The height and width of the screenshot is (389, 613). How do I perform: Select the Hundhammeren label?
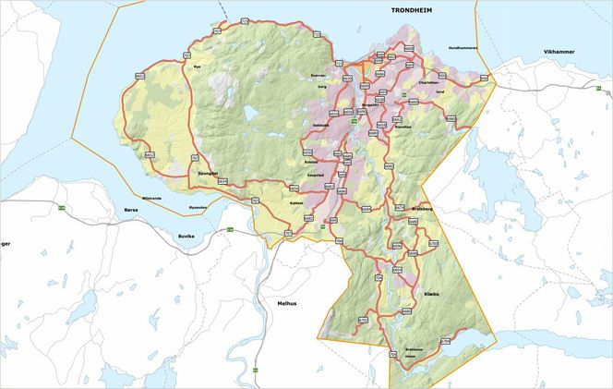tap(463, 47)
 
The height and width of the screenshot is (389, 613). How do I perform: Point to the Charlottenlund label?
tap(429, 82)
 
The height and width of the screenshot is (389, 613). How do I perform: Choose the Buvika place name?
tap(189, 237)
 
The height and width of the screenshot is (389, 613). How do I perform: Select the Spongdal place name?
tap(208, 173)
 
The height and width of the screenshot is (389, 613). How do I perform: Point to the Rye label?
tap(196, 67)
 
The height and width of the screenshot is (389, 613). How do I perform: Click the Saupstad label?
tap(314, 176)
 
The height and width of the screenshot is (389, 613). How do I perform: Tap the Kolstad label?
tap(311, 161)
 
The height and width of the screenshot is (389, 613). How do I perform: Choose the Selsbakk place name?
tap(321, 125)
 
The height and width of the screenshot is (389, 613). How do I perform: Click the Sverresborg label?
tap(319, 76)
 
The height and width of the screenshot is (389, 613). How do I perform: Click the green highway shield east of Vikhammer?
tap(598, 89)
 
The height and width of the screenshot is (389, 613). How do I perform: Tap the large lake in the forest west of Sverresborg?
tap(250, 113)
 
